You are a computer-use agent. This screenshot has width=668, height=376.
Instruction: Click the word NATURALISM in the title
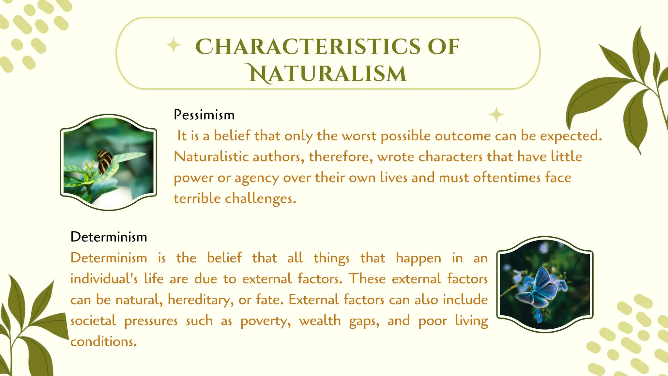328,73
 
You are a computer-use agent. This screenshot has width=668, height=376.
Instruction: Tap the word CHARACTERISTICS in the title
308,47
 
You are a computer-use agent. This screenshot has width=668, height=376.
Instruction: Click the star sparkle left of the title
174,45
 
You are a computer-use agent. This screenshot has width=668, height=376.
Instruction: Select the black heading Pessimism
204,115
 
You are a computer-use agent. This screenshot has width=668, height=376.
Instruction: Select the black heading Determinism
109,237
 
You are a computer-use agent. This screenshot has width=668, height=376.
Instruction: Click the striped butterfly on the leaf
105,161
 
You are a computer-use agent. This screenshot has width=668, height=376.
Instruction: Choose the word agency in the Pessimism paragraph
256,178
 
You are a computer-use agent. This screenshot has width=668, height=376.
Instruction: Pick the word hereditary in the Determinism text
200,300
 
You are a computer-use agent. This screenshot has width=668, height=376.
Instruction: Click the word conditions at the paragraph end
103,342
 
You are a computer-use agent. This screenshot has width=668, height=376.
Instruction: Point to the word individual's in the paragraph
104,279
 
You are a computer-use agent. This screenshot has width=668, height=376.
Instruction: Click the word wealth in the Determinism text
320,321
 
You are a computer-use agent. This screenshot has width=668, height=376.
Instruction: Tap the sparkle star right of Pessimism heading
496,115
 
